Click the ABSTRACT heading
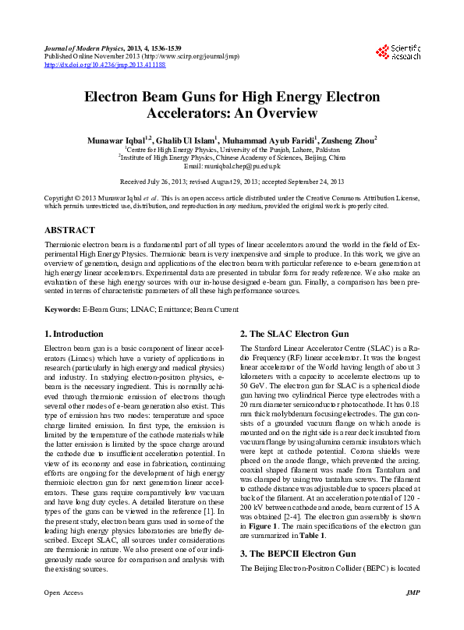70,231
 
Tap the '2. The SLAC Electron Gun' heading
295,334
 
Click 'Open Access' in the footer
63,614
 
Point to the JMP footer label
413,614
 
